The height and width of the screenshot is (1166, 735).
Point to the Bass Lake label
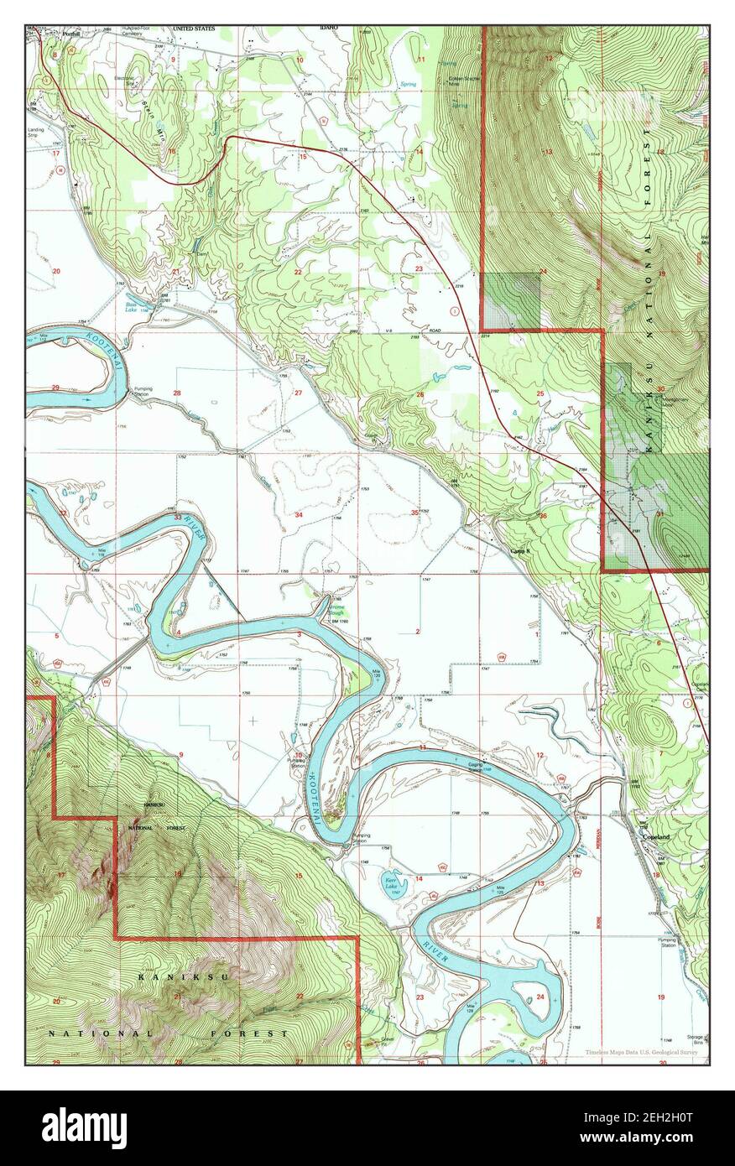click(132, 308)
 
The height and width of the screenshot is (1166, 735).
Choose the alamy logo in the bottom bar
click(84, 1127)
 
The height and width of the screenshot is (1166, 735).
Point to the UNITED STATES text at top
click(193, 29)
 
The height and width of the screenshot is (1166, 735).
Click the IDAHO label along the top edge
click(328, 28)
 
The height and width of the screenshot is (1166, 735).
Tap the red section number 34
click(298, 514)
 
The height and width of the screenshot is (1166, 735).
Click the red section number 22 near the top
click(297, 273)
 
